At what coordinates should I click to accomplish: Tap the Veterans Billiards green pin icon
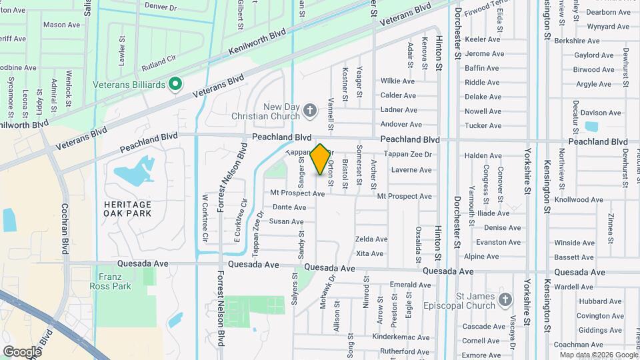pos(175,84)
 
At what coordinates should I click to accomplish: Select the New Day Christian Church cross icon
pos(309,110)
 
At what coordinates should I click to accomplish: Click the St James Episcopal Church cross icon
pos(505,300)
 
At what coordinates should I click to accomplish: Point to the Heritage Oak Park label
pos(127,209)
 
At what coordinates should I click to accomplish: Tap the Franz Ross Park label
pos(111,281)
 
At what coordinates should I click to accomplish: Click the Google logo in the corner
pos(22,351)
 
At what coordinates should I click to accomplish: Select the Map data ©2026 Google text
pos(598,355)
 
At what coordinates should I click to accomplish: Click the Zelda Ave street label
pos(371,239)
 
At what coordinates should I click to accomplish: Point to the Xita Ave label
pos(370,253)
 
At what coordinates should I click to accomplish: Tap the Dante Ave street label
pos(289,207)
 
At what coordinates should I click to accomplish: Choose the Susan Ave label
pos(287,221)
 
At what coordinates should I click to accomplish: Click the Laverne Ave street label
pos(411,170)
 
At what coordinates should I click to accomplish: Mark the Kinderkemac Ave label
pos(401,338)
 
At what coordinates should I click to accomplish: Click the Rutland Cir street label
pos(158,63)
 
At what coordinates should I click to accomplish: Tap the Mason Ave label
pos(61,25)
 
